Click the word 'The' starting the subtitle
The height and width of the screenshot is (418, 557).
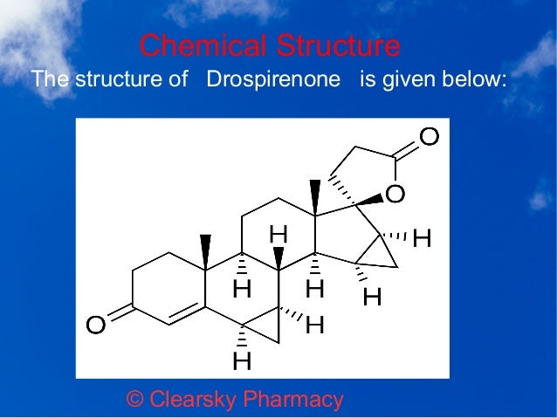(47, 80)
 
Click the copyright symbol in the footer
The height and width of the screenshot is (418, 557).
(135, 400)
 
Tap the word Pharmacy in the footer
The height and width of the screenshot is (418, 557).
(292, 400)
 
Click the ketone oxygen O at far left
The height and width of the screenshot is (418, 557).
(95, 325)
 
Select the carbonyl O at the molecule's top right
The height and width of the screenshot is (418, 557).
(429, 136)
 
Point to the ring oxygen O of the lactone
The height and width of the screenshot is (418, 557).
(395, 194)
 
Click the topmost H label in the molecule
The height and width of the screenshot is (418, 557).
(278, 234)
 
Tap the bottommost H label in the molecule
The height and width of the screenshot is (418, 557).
(242, 360)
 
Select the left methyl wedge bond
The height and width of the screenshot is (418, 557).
(205, 252)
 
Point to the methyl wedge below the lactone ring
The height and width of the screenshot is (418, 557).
(315, 196)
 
